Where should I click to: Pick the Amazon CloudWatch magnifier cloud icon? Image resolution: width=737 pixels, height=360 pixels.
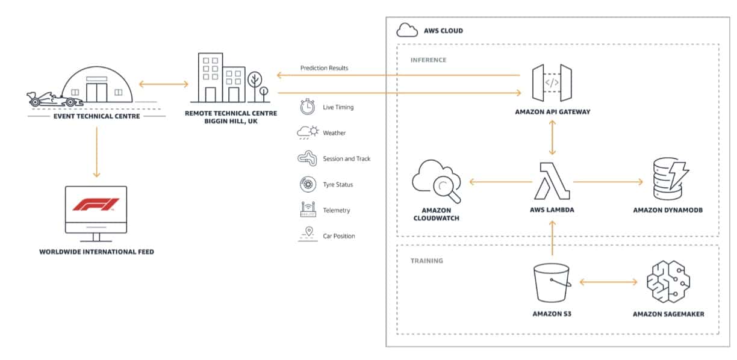click(x=437, y=181)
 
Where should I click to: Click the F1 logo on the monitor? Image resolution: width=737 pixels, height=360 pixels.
click(x=96, y=205)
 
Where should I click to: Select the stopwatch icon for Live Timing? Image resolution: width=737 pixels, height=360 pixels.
click(x=307, y=107)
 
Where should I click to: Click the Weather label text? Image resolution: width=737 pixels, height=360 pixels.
click(x=334, y=133)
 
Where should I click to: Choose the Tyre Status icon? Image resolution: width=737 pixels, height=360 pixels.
click(x=307, y=184)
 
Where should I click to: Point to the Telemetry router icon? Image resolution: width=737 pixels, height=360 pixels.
click(x=308, y=209)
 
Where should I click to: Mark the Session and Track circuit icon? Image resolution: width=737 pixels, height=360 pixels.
click(x=307, y=158)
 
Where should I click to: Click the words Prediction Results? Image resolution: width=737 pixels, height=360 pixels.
click(x=324, y=68)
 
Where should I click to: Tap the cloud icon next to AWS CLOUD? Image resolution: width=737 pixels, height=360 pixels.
click(x=407, y=29)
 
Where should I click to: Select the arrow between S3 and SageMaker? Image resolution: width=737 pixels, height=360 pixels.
click(x=608, y=282)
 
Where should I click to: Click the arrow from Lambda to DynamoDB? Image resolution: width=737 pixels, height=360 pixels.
click(x=608, y=181)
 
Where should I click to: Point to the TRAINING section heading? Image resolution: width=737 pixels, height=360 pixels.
click(x=426, y=261)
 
